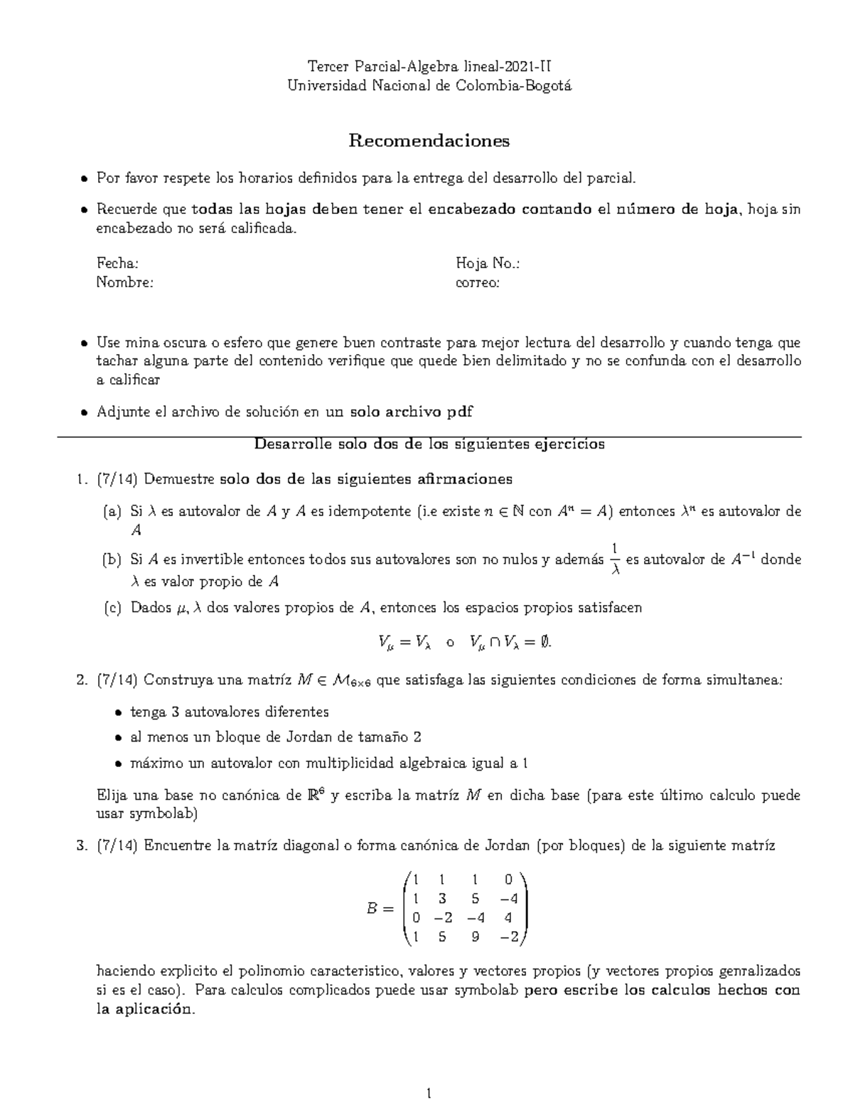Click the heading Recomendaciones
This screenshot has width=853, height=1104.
click(x=429, y=141)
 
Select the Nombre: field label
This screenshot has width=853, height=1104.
click(x=124, y=282)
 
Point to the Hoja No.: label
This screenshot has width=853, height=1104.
click(x=488, y=264)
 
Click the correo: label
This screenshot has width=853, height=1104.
click(x=477, y=282)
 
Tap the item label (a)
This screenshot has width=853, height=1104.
click(x=112, y=511)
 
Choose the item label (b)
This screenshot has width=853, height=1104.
click(x=112, y=559)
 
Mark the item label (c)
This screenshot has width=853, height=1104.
click(x=112, y=608)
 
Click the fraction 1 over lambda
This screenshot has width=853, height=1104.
click(x=616, y=559)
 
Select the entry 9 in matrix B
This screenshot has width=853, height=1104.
click(x=475, y=937)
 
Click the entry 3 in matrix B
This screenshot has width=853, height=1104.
click(x=442, y=899)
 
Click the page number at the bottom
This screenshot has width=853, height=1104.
click(x=429, y=1093)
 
